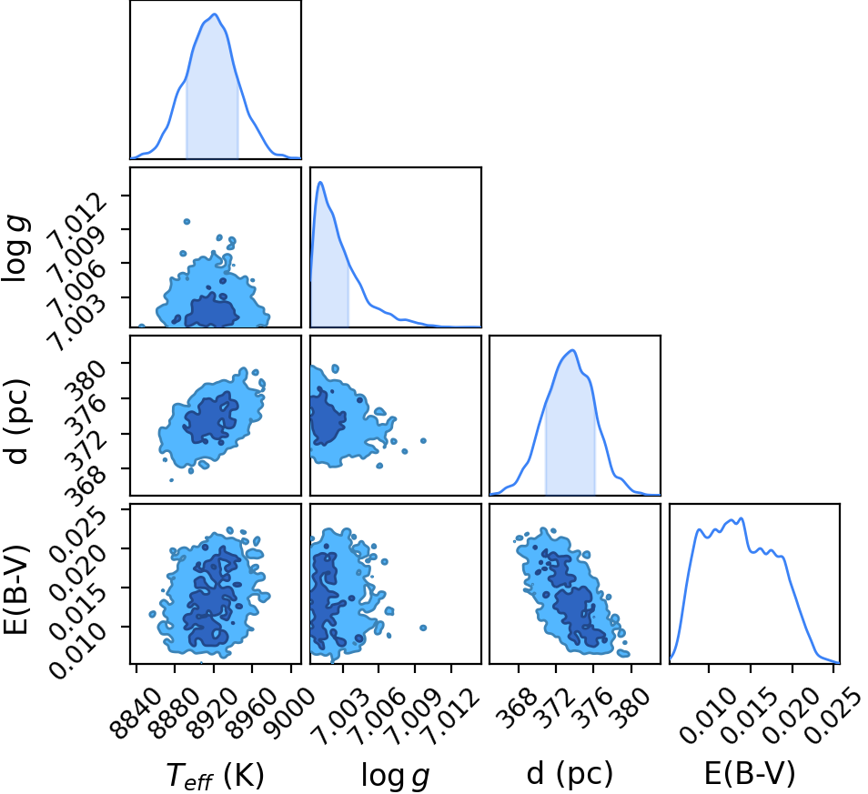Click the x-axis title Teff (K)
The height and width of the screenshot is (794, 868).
[x=216, y=775]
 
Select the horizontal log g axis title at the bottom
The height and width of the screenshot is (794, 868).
[x=395, y=776]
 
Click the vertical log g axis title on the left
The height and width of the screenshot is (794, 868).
[x=15, y=249]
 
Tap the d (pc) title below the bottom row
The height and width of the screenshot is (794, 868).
[x=570, y=774]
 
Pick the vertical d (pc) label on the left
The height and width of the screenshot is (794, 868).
[x=16, y=422]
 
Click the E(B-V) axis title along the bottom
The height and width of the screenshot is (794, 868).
[x=750, y=773]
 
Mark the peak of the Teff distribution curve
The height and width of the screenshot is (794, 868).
[x=215, y=15]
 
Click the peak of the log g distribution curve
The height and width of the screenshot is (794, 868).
[x=320, y=182]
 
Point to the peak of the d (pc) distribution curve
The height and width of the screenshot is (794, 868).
[x=573, y=350]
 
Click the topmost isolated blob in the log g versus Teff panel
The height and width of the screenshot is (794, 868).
[x=187, y=221]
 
